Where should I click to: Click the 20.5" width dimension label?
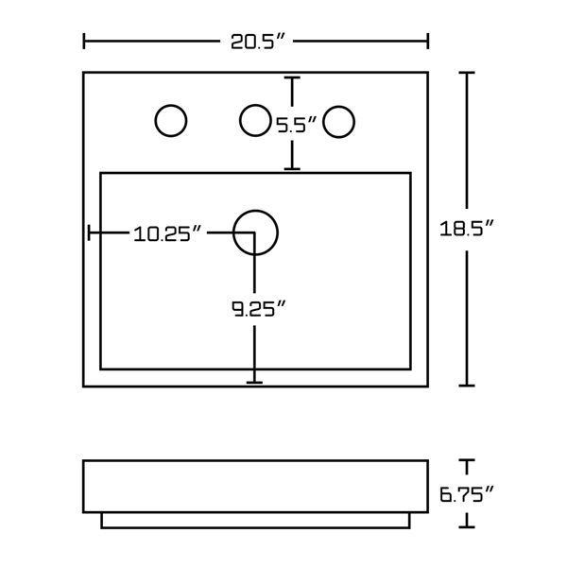(256, 41)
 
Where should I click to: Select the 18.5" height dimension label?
(469, 228)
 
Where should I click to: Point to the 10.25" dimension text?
(168, 233)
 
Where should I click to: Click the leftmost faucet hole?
(170, 121)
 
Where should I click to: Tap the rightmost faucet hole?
(338, 122)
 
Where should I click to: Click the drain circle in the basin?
(255, 232)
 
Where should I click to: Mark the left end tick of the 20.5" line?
(85, 41)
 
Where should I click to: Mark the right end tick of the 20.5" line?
(428, 41)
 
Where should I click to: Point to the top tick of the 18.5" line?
(465, 73)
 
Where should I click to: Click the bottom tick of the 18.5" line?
(465, 385)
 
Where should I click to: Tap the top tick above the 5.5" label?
(293, 78)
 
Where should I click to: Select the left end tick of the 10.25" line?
(89, 232)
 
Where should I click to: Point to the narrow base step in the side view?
(255, 520)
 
